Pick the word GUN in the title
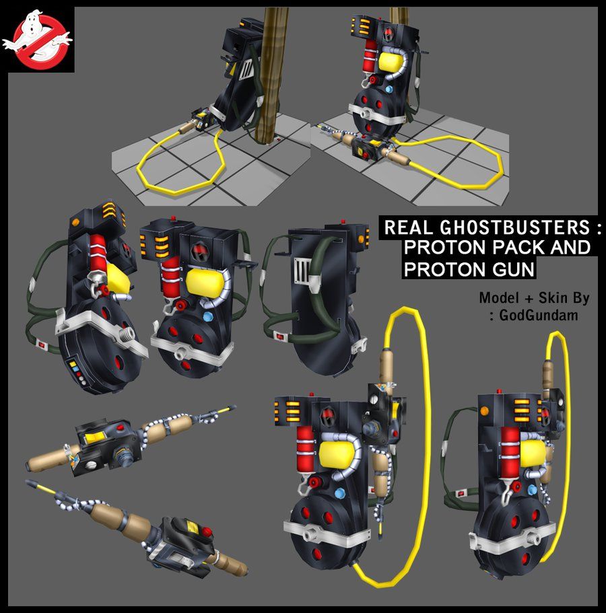click(513, 269)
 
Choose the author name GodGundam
click(539, 315)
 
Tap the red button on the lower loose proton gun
click(206, 532)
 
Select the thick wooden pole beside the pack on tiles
click(271, 74)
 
